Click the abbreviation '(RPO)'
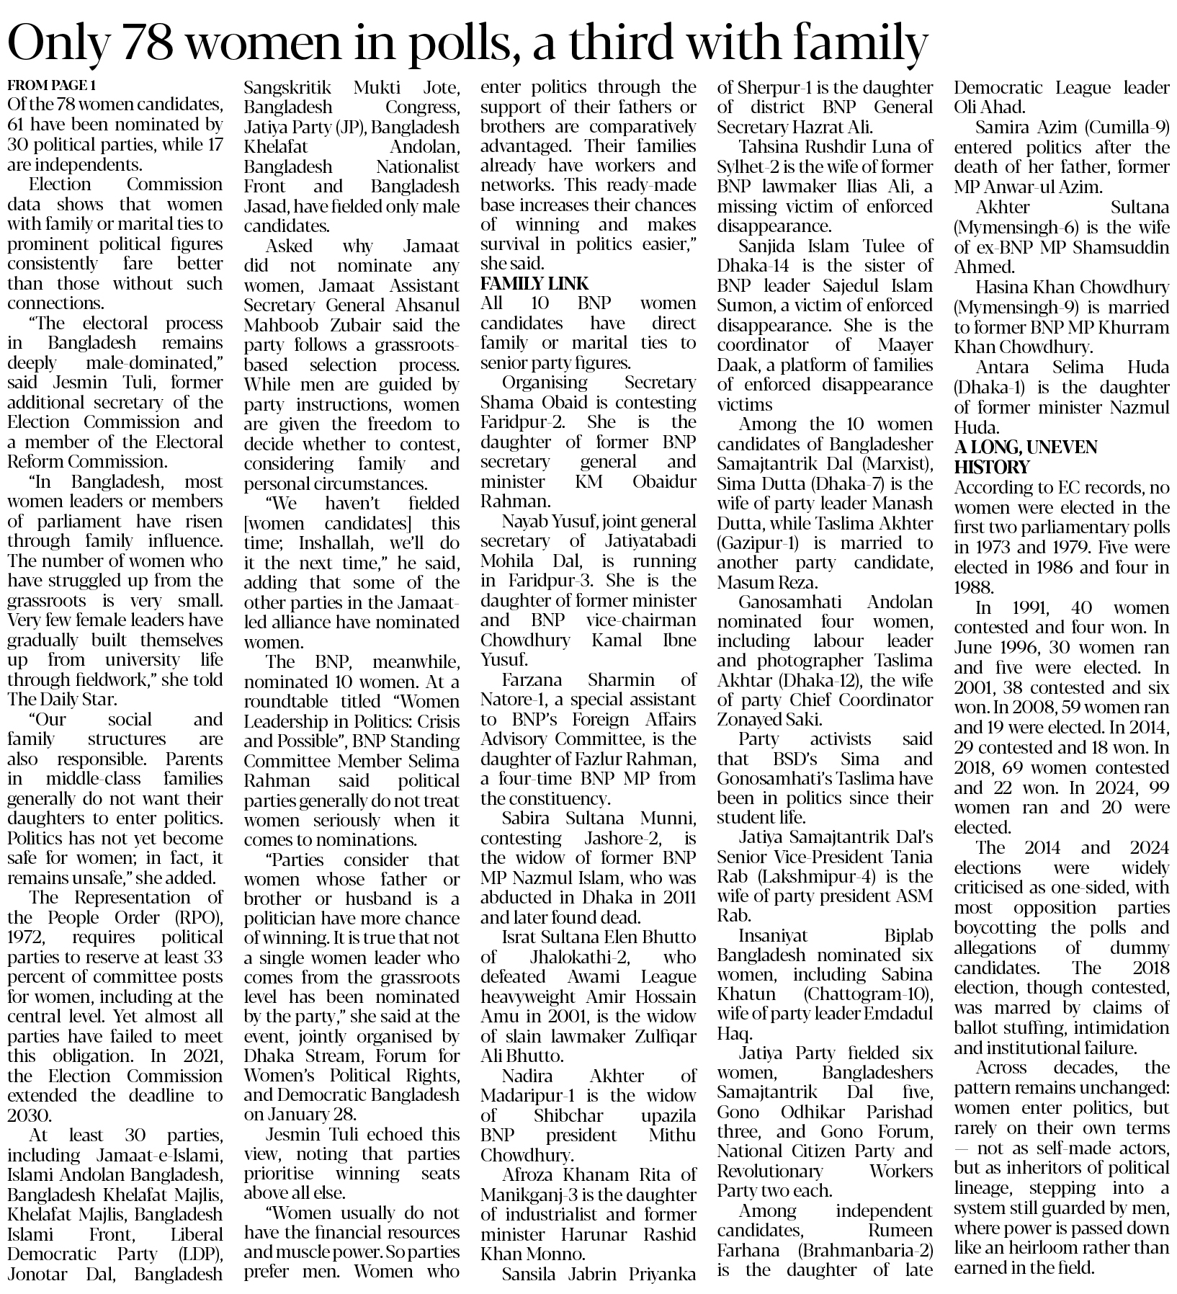click(x=197, y=917)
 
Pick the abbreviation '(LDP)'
click(x=199, y=1254)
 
